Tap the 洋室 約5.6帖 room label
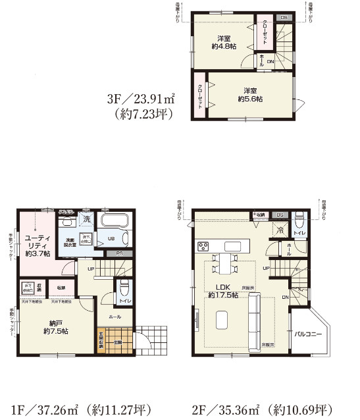[x=250, y=94]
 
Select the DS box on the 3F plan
[x=284, y=17]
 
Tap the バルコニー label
[x=308, y=334]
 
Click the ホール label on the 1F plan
[x=114, y=316]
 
